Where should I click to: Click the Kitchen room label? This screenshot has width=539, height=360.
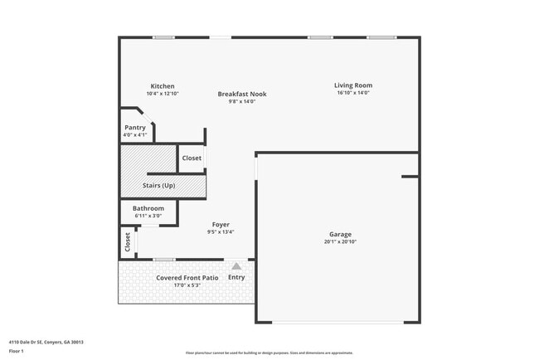[163, 86]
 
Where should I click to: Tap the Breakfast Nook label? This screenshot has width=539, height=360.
[242, 94]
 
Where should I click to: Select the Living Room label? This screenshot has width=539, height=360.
[353, 85]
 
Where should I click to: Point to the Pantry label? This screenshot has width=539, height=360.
[135, 127]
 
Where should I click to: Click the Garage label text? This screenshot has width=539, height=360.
[339, 234]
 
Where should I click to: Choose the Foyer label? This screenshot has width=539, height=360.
[221, 224]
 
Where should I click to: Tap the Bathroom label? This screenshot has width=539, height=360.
[148, 208]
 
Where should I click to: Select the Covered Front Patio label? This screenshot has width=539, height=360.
[187, 277]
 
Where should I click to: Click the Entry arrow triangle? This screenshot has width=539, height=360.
[236, 266]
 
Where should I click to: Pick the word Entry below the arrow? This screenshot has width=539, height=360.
[236, 277]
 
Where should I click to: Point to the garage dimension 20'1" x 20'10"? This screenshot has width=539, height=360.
[339, 242]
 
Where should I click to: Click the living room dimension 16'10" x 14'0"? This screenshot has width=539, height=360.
[353, 93]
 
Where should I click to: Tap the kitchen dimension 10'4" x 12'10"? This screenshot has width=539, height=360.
[163, 94]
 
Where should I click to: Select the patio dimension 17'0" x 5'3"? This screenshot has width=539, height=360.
[187, 285]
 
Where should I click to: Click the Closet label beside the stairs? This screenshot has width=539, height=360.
[192, 158]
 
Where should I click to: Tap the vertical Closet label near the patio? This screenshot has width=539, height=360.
[128, 241]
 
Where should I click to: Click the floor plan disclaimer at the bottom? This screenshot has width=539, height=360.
[269, 352]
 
